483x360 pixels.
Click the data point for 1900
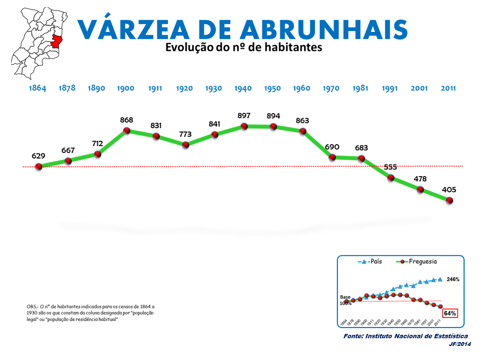click(127, 131)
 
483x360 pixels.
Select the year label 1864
click(38, 89)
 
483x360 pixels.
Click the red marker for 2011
click(450, 200)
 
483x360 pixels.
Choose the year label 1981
click(360, 89)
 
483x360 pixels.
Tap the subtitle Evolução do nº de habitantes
click(243, 48)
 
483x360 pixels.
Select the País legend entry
click(371, 261)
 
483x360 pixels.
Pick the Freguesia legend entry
click(417, 261)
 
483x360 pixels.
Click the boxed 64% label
click(450, 313)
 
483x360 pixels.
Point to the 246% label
click(453, 279)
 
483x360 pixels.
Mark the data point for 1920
click(185, 144)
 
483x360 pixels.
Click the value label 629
click(39, 156)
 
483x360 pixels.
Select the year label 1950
click(272, 89)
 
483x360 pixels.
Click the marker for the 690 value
click(332, 157)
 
